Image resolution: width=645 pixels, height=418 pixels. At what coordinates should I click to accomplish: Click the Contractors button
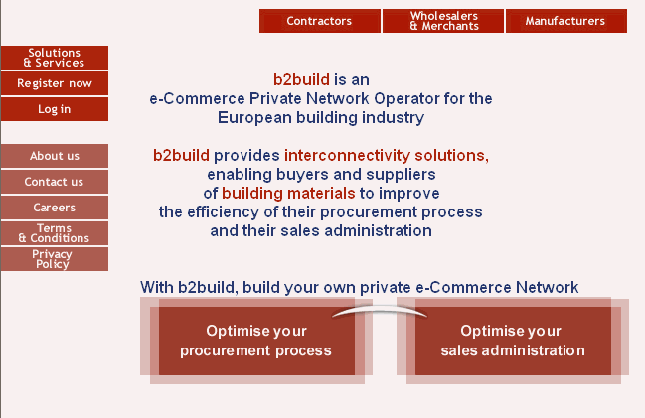(320, 21)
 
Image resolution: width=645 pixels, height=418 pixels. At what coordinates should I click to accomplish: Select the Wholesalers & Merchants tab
(443, 21)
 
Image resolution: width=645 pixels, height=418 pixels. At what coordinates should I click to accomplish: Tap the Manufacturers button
(566, 21)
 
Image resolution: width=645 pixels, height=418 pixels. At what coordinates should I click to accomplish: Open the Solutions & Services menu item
(55, 58)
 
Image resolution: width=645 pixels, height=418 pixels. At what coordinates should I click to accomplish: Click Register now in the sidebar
(55, 83)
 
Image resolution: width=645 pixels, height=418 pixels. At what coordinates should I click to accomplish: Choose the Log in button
(55, 109)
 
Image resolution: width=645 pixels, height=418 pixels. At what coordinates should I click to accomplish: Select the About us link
(55, 156)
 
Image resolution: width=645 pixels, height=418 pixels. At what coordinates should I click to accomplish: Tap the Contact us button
(55, 182)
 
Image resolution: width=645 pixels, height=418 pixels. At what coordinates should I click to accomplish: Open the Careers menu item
(55, 208)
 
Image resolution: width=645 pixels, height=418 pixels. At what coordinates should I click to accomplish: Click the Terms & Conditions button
(55, 233)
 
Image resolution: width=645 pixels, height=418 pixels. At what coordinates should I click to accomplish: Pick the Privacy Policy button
(55, 259)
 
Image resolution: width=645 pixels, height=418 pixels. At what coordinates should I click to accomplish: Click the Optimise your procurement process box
(256, 341)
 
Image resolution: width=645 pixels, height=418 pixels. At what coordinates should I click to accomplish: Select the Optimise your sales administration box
(513, 341)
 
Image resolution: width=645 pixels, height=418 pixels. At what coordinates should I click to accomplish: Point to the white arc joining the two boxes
(380, 308)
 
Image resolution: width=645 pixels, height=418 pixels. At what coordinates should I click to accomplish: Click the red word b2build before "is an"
(301, 79)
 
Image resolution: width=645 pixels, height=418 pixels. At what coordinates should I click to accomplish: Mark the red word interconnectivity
(347, 155)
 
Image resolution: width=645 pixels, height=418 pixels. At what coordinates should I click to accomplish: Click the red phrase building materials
(288, 194)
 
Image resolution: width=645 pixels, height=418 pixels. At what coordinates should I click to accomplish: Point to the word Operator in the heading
(406, 99)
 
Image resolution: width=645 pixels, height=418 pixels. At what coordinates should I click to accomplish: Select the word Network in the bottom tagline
(547, 287)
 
